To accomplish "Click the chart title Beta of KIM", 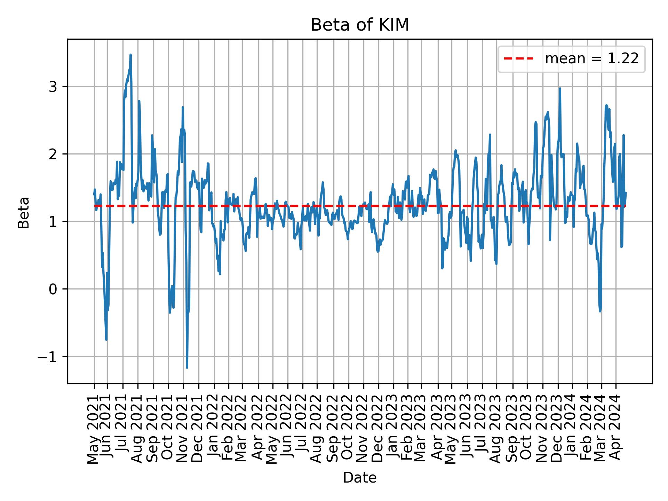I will click(x=360, y=25).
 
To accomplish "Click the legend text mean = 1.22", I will click(x=591, y=59).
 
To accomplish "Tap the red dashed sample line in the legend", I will click(x=518, y=59).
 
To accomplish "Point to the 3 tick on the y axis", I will click(x=53, y=87).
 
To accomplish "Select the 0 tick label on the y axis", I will click(x=53, y=289).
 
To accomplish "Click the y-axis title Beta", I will click(x=24, y=213).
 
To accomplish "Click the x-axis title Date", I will click(x=360, y=478).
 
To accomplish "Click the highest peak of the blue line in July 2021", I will click(x=130, y=55).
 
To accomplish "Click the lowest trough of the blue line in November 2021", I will click(x=187, y=367).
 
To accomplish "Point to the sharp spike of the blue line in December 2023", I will click(x=560, y=89).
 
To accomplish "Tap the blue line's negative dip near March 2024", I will click(x=600, y=310).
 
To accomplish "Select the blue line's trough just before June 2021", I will click(x=106, y=339).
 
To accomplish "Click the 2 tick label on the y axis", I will click(x=53, y=154).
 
